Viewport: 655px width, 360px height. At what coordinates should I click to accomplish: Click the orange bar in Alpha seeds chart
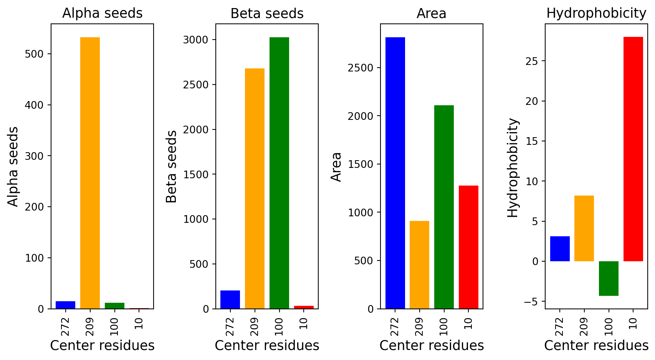90,173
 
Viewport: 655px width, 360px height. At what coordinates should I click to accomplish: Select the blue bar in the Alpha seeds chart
66,305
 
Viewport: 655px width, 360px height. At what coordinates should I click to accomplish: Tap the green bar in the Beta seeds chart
279,173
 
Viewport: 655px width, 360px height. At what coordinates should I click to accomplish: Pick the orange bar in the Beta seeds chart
255,189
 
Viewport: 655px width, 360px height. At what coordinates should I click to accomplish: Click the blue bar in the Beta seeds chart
230,299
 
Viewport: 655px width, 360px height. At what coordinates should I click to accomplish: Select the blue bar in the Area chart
395,173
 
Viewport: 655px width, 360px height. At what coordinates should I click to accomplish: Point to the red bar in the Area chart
468,247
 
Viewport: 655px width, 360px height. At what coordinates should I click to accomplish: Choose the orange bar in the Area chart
419,265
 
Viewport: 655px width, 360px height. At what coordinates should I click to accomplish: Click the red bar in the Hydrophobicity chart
633,149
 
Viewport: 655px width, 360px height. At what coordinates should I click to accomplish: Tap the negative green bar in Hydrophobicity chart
609,278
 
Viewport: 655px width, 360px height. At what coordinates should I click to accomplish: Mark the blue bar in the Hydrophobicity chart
560,249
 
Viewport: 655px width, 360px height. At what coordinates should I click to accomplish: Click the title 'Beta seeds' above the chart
267,13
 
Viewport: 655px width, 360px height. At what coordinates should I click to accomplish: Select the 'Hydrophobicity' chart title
596,13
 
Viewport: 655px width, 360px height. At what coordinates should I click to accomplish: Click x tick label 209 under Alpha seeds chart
90,327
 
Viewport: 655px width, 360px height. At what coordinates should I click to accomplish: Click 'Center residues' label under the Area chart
432,346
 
